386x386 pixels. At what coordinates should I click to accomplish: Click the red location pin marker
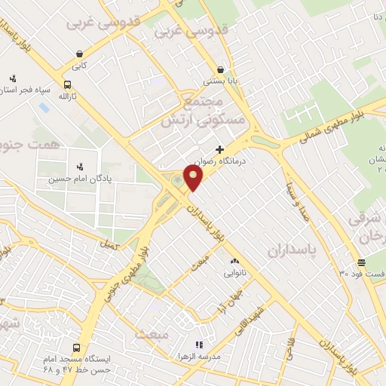coord(195,178)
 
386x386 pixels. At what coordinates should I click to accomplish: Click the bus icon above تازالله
coord(68,85)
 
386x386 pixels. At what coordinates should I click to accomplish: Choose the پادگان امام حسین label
coord(75,179)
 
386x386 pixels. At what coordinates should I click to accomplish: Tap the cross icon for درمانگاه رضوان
coord(219,149)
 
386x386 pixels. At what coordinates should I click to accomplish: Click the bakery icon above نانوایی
coord(233,263)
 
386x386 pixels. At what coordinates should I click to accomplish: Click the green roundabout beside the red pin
coord(177,180)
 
